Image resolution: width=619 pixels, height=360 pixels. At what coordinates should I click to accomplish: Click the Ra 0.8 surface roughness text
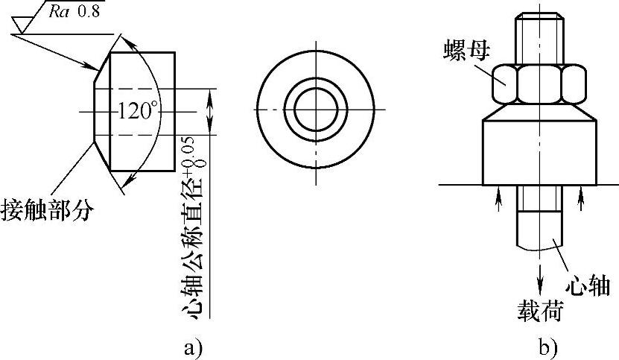74,11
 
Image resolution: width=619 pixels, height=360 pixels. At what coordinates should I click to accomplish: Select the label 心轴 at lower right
588,285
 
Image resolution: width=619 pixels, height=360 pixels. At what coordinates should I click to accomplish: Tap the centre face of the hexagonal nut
539,84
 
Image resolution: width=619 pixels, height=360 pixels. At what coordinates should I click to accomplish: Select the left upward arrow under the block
499,199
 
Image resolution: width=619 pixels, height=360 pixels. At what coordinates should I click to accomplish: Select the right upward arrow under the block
581,199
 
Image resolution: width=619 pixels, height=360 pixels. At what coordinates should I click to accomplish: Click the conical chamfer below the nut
539,112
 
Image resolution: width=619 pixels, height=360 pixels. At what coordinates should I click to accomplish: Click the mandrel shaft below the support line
539,218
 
